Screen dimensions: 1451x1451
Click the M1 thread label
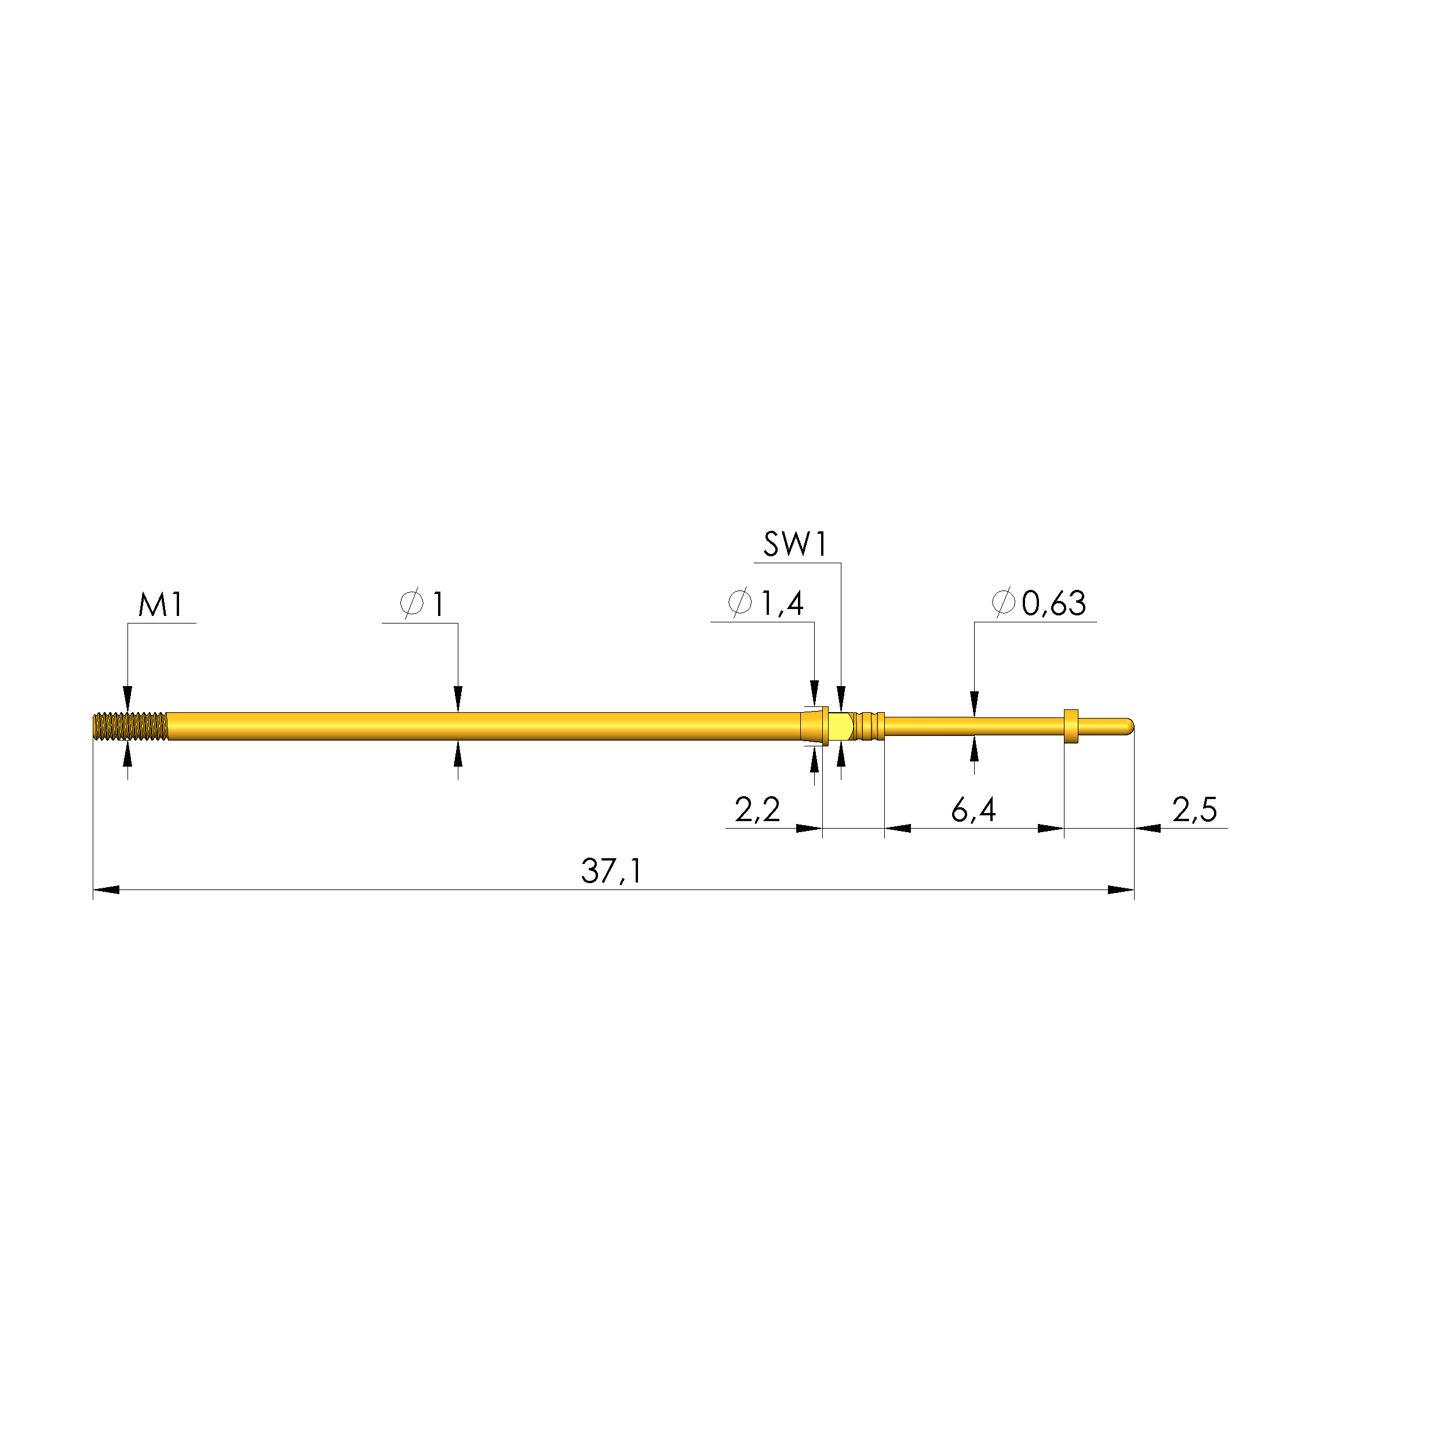[161, 604]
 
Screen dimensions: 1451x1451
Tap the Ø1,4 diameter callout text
[766, 603]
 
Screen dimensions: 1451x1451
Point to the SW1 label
[796, 545]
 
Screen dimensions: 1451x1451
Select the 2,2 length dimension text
[757, 810]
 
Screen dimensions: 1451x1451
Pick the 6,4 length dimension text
[974, 810]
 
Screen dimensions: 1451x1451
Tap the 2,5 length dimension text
[1194, 810]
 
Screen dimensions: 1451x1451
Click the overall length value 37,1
[612, 871]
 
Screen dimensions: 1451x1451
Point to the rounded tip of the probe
[1128, 726]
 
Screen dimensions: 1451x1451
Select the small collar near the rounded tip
[1071, 726]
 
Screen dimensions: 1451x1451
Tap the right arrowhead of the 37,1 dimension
[1121, 890]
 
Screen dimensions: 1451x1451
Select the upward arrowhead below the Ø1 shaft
[458, 753]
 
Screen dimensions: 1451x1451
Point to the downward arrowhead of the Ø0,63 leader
[974, 703]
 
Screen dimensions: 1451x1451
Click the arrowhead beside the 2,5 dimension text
[1147, 829]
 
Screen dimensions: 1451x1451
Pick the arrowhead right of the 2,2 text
[809, 829]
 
